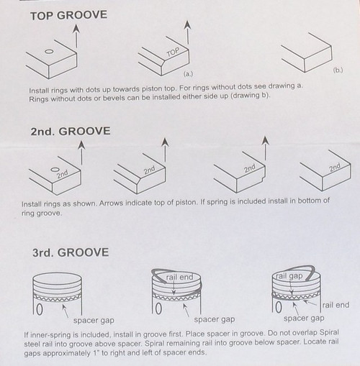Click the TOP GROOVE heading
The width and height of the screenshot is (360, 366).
coord(68,15)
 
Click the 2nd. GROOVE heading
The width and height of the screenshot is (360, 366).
coord(71,132)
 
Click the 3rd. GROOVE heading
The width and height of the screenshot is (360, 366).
coord(71,252)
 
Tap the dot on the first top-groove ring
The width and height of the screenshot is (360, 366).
coord(49,52)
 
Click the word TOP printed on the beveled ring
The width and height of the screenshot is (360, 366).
coord(173,52)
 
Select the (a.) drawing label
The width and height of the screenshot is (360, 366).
coord(188,74)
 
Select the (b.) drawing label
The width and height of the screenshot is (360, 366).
coord(338,70)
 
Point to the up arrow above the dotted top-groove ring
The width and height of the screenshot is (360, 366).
coord(76,36)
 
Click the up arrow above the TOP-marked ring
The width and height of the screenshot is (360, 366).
coord(187,32)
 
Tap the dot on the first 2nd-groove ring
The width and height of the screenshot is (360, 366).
coord(55,170)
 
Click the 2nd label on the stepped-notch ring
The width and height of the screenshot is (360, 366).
coord(250,168)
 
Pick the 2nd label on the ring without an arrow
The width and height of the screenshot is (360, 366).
coord(335,168)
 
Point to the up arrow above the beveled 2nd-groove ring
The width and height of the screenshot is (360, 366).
coord(165,150)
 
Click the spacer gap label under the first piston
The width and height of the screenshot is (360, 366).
coord(94,321)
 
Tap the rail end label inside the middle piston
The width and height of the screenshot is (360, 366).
coord(179,278)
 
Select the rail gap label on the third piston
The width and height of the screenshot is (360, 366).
coord(289,276)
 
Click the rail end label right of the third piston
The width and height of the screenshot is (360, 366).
coord(336,305)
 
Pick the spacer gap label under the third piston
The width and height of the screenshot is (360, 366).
coord(304,319)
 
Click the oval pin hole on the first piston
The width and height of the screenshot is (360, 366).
coord(40,309)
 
